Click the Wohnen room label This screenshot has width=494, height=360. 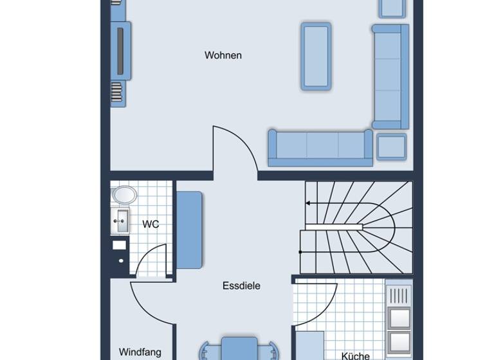click(x=223, y=55)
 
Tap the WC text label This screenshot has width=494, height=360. click(x=151, y=224)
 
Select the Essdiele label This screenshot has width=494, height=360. click(x=241, y=286)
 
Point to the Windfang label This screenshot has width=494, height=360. click(x=140, y=352)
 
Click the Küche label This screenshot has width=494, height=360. click(x=355, y=355)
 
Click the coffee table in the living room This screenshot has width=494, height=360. click(x=316, y=56)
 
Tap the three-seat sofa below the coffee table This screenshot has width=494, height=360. click(x=320, y=145)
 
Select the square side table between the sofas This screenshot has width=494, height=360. click(x=391, y=147)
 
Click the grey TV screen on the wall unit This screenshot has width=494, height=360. click(x=120, y=51)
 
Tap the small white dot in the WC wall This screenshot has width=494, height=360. click(x=120, y=260)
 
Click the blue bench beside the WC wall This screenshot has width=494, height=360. click(x=190, y=230)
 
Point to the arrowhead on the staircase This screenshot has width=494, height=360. click(x=308, y=203)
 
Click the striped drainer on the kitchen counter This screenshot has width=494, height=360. click(x=399, y=296)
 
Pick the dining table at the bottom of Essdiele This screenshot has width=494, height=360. click(x=239, y=348)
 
